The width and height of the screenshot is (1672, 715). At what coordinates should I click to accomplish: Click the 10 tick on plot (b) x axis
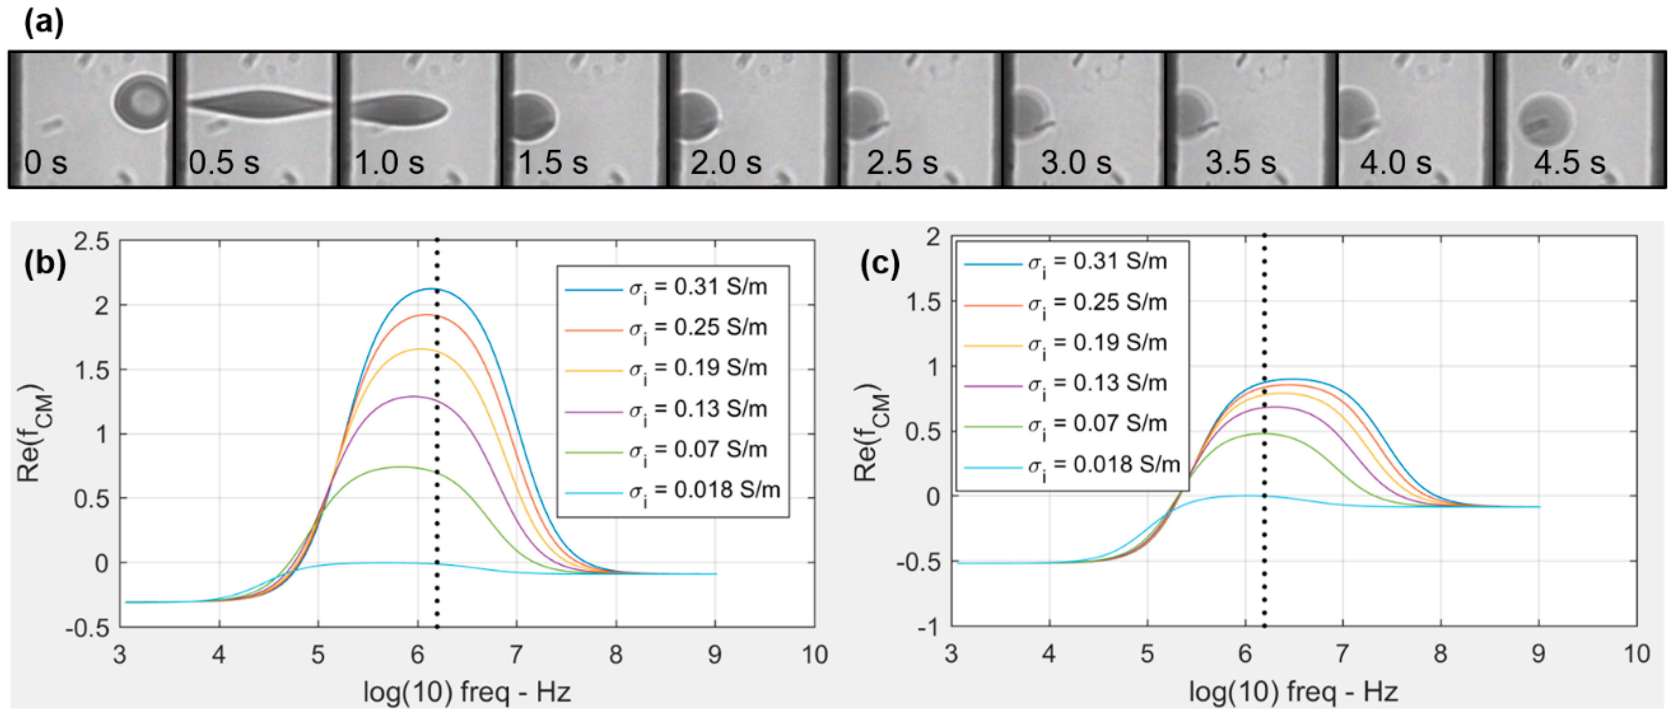coord(814,655)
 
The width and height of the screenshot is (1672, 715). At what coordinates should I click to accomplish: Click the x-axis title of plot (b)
coord(467,692)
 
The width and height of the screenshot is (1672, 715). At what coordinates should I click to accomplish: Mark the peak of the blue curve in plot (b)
coord(429,289)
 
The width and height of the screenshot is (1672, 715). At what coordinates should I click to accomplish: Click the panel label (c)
coord(880,264)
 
